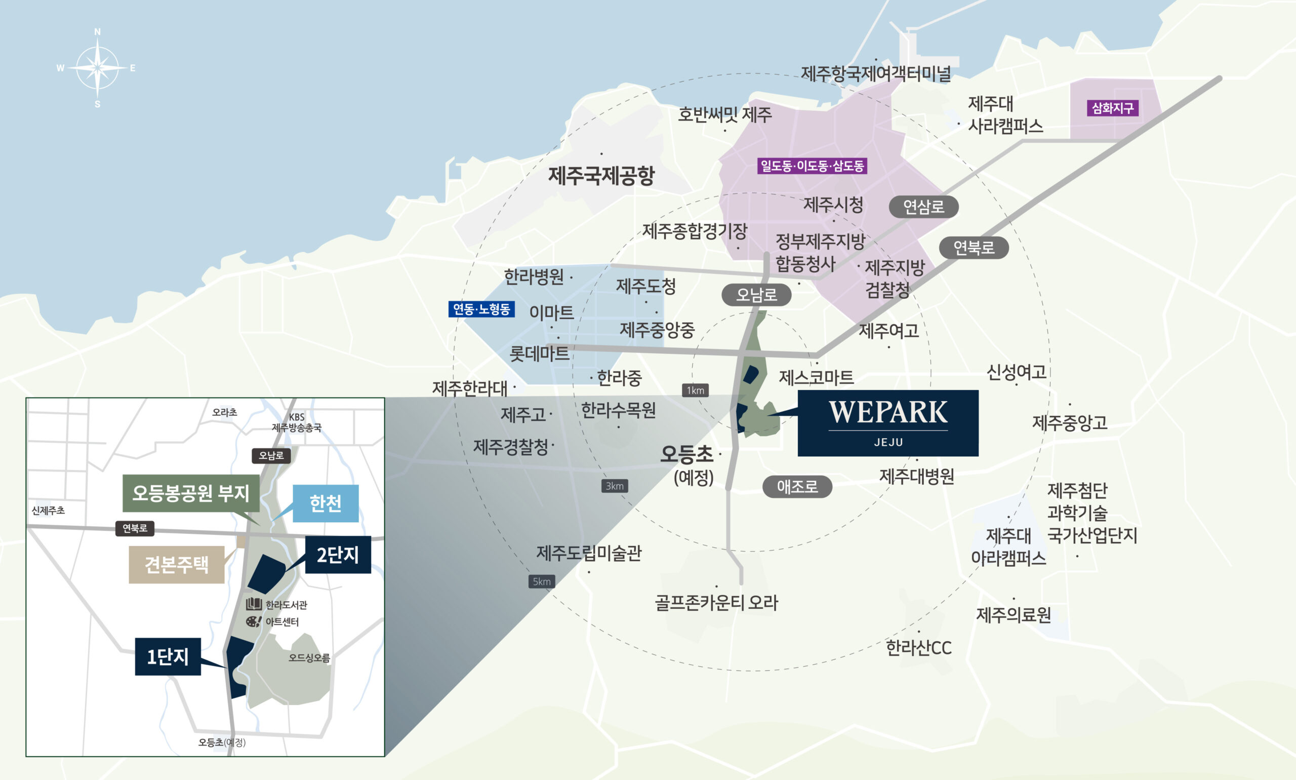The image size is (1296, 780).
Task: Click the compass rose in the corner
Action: [x=97, y=68]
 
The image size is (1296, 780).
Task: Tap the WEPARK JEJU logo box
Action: [x=887, y=422]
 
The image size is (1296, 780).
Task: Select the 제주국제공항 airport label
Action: [x=601, y=176]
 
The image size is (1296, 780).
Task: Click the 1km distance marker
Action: [x=695, y=390]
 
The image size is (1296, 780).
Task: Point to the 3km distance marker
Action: [x=614, y=486]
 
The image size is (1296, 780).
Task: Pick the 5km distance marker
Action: [x=542, y=581]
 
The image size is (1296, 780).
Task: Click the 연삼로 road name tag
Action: [x=923, y=207]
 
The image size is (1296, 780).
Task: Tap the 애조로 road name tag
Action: [x=797, y=487]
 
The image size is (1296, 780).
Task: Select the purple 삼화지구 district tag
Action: [x=1112, y=108]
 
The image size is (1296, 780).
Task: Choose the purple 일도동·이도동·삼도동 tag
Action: [x=812, y=166]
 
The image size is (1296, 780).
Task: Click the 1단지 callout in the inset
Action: [x=168, y=656]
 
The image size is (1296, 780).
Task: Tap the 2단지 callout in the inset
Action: [x=337, y=555]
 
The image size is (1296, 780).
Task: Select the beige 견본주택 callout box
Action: [x=177, y=565]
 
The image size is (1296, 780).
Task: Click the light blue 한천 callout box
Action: [x=325, y=503]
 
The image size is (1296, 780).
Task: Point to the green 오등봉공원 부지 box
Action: [x=191, y=493]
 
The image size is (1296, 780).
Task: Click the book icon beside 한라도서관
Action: [x=254, y=604]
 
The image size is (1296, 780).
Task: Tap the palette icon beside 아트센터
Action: [x=253, y=622]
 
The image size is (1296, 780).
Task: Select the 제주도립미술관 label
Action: [x=588, y=553]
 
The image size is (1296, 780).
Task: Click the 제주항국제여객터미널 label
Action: [x=876, y=73]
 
